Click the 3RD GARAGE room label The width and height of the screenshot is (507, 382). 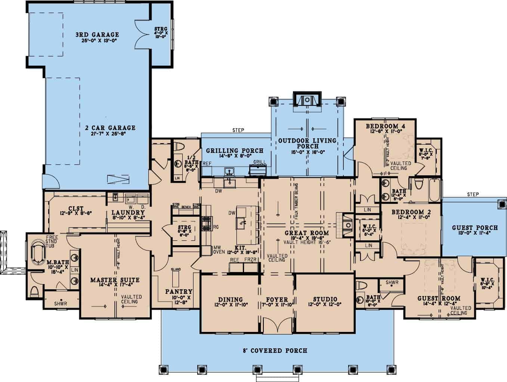[x=97, y=35]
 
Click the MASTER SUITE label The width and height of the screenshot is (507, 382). [x=115, y=280]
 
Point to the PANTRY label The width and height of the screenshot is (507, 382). [x=179, y=291]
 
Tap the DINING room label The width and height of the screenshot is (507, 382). [x=230, y=299]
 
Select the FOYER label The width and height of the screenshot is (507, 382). [x=277, y=299]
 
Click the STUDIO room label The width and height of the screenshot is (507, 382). [x=325, y=299]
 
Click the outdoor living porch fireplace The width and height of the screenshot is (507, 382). [x=307, y=99]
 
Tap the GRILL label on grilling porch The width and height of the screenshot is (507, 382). [x=259, y=162]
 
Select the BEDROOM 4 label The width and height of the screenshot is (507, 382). [x=385, y=126]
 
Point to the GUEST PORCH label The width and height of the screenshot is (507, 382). [x=474, y=227]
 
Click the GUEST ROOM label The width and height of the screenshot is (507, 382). [x=439, y=298]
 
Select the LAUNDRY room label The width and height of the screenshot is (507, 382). [x=128, y=213]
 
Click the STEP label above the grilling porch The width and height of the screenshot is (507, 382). [x=238, y=130]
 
